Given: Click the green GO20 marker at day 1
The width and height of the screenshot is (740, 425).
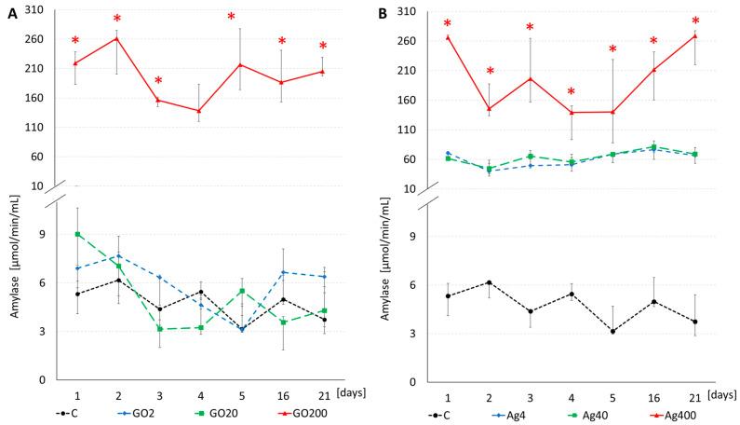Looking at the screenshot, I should (x=77, y=234).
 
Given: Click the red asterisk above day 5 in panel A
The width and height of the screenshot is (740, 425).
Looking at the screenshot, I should (x=231, y=17).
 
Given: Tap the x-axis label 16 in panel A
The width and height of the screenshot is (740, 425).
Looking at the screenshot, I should (x=281, y=396).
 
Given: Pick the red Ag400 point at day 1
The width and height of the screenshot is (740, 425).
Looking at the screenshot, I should (x=448, y=38).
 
